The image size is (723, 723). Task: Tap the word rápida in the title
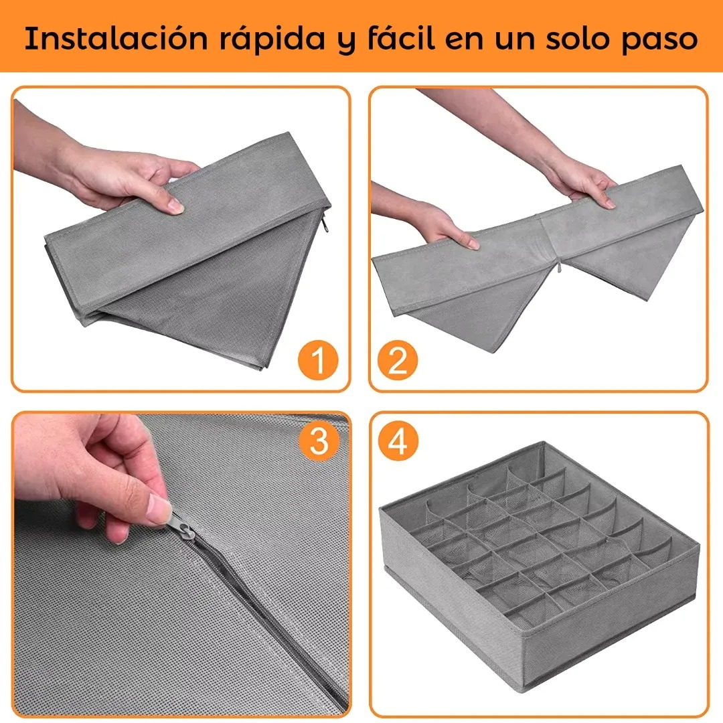[x=272, y=40]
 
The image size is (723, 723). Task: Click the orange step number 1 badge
[x=318, y=359]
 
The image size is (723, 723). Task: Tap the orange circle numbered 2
[x=398, y=359]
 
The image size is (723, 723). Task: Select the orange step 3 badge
[x=319, y=440]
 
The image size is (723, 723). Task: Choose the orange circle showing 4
[x=398, y=440]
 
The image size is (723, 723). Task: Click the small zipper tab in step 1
[x=325, y=224]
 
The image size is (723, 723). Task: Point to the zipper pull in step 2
[x=559, y=266]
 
